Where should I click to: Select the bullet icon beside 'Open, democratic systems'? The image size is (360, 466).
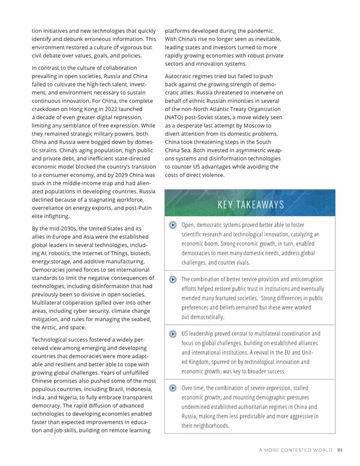click(x=173, y=225)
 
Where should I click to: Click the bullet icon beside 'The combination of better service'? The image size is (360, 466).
click(x=173, y=279)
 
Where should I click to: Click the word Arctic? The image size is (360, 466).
click(x=52, y=328)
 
